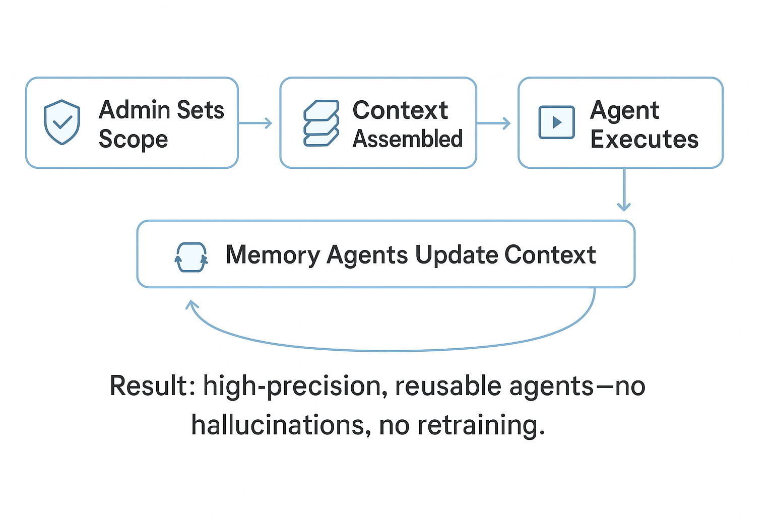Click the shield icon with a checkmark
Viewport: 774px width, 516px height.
click(62, 122)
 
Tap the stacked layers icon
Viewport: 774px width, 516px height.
click(321, 123)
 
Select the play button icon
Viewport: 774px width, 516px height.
click(557, 122)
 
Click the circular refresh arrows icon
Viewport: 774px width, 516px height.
click(191, 257)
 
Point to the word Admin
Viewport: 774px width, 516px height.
click(135, 110)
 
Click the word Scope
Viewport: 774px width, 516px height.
click(134, 140)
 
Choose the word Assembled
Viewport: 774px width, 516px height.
click(407, 139)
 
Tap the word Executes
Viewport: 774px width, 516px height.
click(644, 139)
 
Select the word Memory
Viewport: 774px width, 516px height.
click(273, 255)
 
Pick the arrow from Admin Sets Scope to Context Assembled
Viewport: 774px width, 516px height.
click(255, 123)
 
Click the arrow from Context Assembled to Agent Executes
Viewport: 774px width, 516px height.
click(494, 123)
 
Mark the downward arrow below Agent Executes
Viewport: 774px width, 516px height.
click(624, 189)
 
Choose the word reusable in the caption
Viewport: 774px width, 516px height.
click(448, 385)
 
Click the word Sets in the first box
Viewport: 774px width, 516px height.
click(201, 110)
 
